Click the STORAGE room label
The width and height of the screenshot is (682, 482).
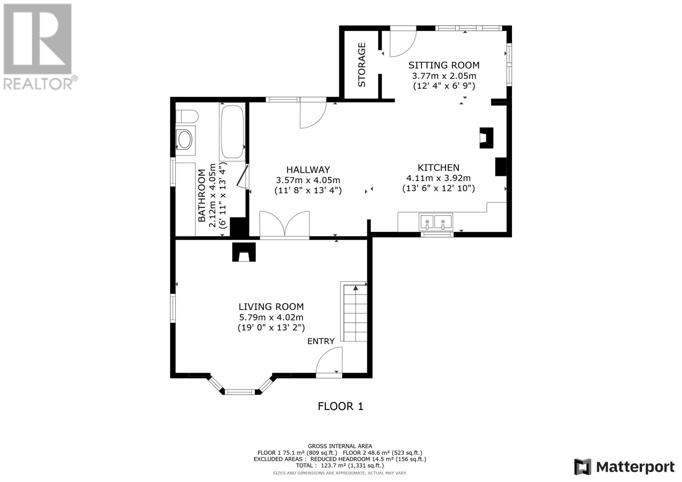361,64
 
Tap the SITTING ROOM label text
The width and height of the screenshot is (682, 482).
444,65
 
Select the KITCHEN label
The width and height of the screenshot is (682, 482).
439,168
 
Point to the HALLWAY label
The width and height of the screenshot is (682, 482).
308,170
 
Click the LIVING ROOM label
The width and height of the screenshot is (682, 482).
271,306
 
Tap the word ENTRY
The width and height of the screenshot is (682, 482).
321,341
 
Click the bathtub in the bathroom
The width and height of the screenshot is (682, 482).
232,132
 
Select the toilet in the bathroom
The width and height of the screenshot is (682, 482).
187,116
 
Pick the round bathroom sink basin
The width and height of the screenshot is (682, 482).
185,140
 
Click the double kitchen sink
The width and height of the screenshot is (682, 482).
436,222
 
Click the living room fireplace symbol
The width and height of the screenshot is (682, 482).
244,252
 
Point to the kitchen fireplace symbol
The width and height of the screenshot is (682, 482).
486,138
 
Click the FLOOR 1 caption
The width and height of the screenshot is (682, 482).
341,406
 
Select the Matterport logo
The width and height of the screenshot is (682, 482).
624,467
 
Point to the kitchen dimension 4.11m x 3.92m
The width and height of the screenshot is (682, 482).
439,178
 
